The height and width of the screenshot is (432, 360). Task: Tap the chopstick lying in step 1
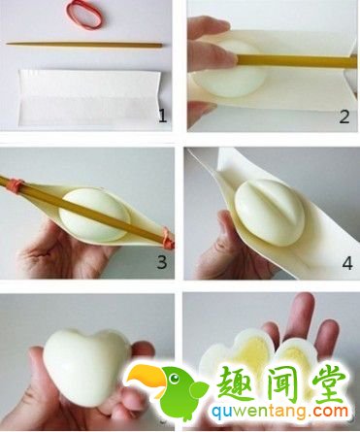84,45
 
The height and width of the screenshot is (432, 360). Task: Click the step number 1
163,116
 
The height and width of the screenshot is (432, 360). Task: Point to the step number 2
344,116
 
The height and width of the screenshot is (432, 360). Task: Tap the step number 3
162,262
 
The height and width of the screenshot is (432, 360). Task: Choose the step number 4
346,263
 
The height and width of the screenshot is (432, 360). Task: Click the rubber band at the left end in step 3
16,184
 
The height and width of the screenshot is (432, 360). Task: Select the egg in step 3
94,215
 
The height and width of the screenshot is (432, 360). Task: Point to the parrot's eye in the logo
175,378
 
